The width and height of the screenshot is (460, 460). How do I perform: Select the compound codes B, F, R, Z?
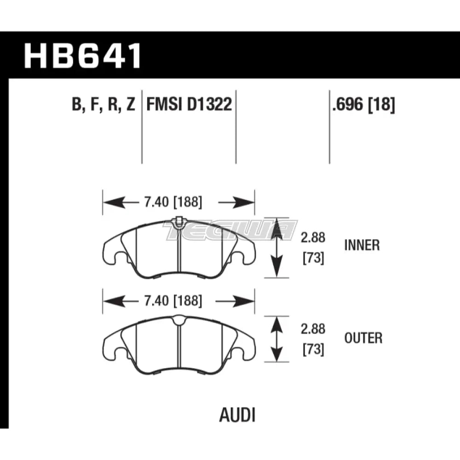click(103, 106)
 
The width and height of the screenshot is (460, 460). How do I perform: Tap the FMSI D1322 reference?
click(189, 106)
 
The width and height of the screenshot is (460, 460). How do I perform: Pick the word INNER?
click(362, 245)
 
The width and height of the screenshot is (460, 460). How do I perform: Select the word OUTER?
click(363, 339)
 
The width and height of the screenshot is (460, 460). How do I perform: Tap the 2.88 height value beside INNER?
click(313, 238)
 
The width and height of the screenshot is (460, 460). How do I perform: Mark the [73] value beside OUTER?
click(313, 350)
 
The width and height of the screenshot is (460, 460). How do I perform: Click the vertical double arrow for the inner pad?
click(276, 248)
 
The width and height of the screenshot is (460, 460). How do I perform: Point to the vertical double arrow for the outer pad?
click(276, 339)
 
